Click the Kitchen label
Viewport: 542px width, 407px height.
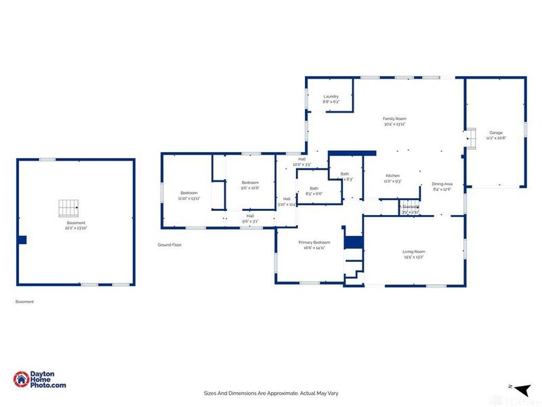[393, 178]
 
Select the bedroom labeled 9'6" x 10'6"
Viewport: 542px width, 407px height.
[251, 185]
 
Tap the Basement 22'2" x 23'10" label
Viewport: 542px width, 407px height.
[76, 226]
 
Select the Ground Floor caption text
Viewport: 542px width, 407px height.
[169, 245]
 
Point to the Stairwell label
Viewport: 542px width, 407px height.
[410, 208]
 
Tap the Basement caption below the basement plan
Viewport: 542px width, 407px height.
[24, 302]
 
